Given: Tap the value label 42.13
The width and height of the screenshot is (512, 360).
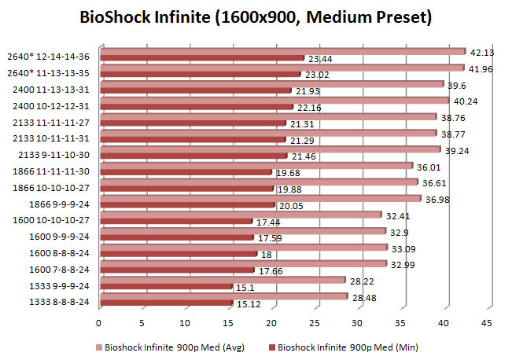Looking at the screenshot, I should pyautogui.click(x=482, y=53).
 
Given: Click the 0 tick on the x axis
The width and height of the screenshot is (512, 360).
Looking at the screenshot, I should pyautogui.click(x=99, y=323).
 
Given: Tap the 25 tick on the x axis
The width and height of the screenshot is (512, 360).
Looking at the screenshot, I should pyautogui.click(x=314, y=323).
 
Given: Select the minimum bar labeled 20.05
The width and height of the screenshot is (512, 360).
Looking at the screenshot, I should pyautogui.click(x=186, y=206).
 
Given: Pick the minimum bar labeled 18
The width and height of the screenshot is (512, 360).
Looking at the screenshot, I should pyautogui.click(x=178, y=255).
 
